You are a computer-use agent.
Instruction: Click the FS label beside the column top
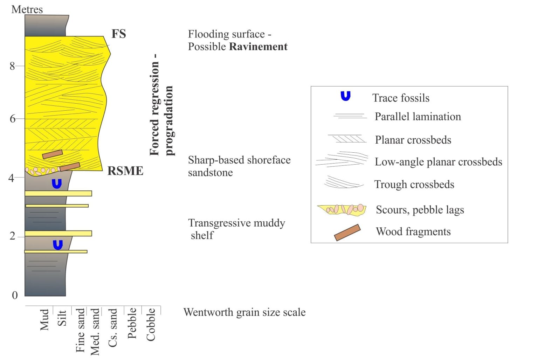[119, 34]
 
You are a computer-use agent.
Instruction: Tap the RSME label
[125, 171]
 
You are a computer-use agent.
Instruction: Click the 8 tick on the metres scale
[12, 66]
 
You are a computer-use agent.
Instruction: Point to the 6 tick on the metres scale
[12, 119]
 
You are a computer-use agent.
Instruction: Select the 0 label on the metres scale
[15, 296]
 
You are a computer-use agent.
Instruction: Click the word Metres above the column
[27, 9]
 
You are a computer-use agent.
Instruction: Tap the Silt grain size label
[62, 318]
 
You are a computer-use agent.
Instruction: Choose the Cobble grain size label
[151, 325]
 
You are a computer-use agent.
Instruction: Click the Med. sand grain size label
[95, 332]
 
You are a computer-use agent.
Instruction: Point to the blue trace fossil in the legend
[346, 96]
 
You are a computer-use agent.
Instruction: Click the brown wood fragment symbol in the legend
[347, 233]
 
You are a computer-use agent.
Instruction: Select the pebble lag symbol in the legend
[342, 210]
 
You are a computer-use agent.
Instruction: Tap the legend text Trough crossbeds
[414, 185]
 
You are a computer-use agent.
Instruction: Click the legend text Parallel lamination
[418, 117]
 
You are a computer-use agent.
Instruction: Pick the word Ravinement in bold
[258, 47]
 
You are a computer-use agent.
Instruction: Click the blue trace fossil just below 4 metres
[57, 184]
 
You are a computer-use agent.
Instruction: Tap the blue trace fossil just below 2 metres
[58, 245]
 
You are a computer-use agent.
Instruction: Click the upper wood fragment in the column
[52, 154]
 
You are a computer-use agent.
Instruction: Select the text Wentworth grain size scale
[244, 312]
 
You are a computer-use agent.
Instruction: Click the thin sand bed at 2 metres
[58, 233]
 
